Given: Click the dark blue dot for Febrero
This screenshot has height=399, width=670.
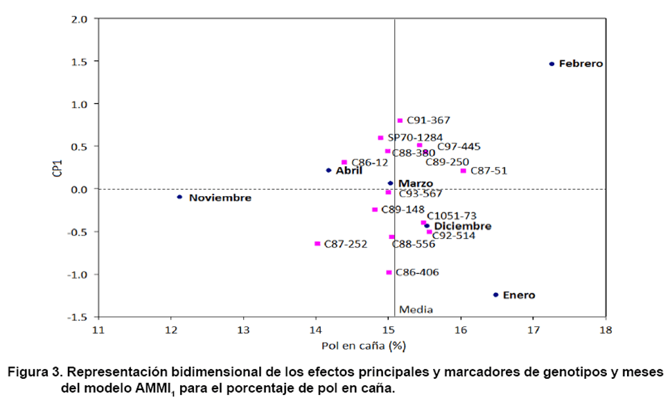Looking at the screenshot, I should click(552, 64).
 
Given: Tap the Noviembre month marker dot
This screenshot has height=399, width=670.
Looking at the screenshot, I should click(179, 197).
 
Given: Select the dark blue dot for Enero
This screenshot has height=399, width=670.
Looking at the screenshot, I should click(495, 294).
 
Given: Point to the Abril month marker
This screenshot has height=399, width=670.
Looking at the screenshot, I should click(328, 170).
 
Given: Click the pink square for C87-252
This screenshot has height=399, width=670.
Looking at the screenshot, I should click(317, 243).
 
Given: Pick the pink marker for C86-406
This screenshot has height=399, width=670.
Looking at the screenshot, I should click(389, 272).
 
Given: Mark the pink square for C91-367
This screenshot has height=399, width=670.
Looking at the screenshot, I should click(400, 121).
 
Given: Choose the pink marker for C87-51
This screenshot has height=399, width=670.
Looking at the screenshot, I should click(463, 170).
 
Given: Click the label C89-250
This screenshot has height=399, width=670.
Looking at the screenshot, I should click(447, 161).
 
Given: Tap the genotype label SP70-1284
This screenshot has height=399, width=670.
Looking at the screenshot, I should click(415, 138).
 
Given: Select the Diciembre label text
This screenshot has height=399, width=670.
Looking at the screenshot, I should click(463, 226).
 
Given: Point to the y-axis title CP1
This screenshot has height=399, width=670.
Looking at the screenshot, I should click(59, 168).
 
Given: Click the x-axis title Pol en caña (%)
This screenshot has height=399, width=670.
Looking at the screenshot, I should click(362, 345).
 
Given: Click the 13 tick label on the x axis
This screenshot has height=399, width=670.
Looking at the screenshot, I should click(243, 329).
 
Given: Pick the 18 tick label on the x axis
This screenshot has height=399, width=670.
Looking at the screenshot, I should click(606, 329).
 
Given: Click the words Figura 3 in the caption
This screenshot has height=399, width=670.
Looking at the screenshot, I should click(34, 372).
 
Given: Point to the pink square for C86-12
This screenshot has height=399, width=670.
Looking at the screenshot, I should click(344, 162).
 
